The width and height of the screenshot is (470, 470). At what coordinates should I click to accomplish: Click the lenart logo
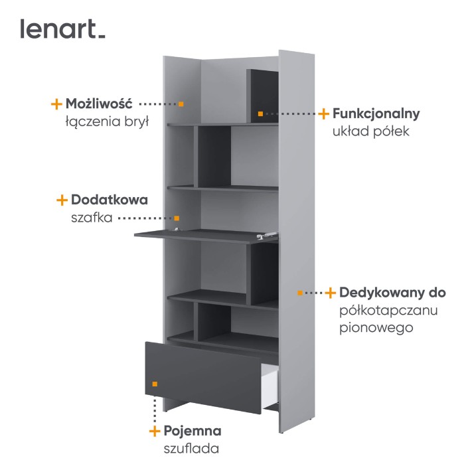pos(62,29)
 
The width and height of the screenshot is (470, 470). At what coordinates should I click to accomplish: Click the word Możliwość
pos(99,104)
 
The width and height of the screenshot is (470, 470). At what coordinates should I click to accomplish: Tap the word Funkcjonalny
pos(376,114)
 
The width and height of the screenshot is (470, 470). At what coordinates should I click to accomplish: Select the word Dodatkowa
pos(110,200)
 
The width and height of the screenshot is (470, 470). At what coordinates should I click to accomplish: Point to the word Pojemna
pos(193,431)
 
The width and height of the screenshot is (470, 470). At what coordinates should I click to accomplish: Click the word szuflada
pos(191,449)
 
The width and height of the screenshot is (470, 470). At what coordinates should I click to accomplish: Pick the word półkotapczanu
pos(388,311)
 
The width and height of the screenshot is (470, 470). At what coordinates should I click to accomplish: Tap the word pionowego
pos(376,328)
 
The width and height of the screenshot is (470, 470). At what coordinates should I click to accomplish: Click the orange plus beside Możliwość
pos(56,104)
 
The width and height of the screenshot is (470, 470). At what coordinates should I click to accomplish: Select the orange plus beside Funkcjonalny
pos(323,114)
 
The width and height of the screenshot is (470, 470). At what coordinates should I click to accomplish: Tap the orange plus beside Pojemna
pos(155,431)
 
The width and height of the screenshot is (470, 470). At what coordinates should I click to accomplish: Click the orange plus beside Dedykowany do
pos(330,293)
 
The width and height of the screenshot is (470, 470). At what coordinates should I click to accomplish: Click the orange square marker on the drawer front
pos(155,384)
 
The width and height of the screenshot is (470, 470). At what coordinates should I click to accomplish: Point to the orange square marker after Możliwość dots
pos(181,104)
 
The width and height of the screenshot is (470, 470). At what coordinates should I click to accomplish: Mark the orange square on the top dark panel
pos(260,114)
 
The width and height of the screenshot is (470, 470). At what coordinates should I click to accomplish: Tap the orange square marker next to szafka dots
pos(177,218)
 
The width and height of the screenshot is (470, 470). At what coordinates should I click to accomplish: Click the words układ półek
pos(371,131)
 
